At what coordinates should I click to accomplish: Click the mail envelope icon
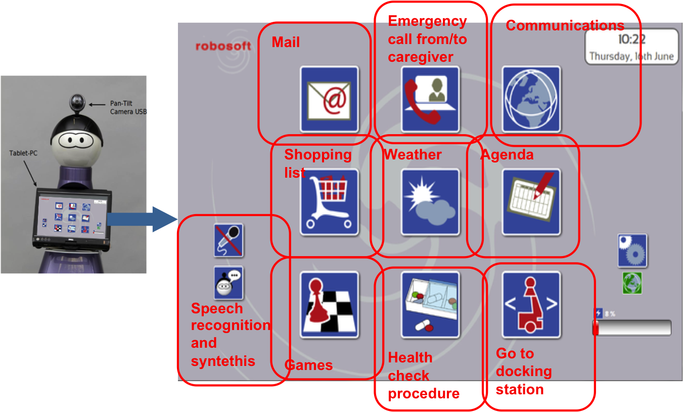[329, 99]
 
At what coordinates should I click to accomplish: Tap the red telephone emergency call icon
[430, 99]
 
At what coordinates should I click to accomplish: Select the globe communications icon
[531, 99]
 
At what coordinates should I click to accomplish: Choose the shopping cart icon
[329, 202]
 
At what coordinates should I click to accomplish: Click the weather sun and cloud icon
[430, 202]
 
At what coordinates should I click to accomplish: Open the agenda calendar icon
[531, 202]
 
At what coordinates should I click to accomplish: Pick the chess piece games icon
[329, 305]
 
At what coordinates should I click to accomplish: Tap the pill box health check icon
[430, 305]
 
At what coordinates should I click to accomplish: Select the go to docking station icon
[531, 305]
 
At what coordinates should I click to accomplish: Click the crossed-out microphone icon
[229, 240]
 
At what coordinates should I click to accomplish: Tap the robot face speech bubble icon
[229, 283]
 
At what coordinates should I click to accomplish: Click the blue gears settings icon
[632, 250]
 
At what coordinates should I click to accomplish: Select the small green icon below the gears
[632, 283]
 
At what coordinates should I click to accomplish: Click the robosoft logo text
[223, 46]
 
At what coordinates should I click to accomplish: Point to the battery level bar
[632, 327]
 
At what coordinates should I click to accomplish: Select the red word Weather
[413, 155]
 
